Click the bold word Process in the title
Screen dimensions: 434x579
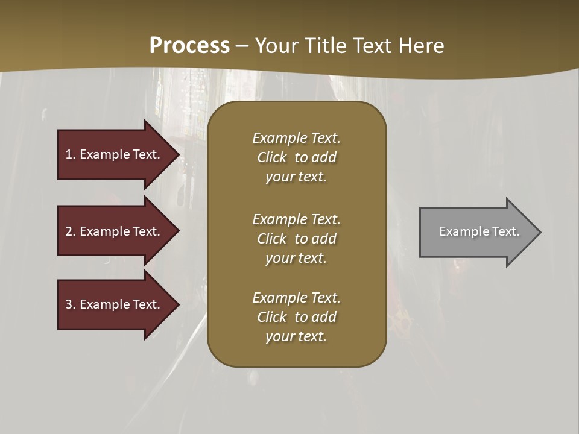click(189, 46)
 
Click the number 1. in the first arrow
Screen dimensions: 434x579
click(70, 154)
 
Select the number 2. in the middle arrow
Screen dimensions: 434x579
click(70, 231)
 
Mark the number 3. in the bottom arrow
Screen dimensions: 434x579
click(70, 304)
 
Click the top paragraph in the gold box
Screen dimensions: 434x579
click(296, 157)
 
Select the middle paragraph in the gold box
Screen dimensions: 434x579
click(296, 239)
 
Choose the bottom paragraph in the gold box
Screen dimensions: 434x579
click(296, 317)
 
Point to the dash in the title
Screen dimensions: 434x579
click(242, 46)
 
